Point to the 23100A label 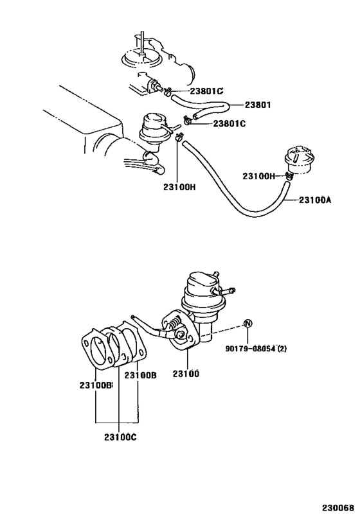pos(314,200)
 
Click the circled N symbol pos(248,323)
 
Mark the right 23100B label pos(140,375)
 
